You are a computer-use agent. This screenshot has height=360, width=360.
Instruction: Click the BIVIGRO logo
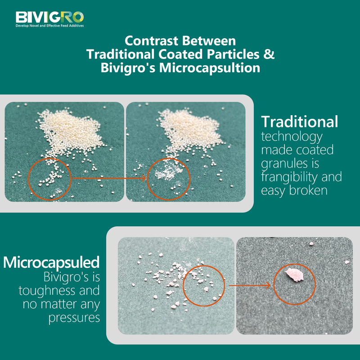[49, 17]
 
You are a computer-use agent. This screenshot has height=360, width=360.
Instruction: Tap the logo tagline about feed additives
[49, 26]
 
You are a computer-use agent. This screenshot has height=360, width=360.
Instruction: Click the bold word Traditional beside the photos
[300, 121]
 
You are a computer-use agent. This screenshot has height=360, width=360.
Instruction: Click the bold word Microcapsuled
[51, 262]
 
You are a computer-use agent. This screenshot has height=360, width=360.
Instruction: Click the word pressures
[74, 318]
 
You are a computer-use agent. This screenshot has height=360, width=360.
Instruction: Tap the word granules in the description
[282, 163]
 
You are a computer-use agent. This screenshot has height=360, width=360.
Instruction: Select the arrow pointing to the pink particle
[250, 285]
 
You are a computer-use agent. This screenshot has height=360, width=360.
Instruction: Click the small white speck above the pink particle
[311, 244]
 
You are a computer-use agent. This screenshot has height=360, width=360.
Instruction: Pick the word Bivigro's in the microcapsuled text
[71, 276]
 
